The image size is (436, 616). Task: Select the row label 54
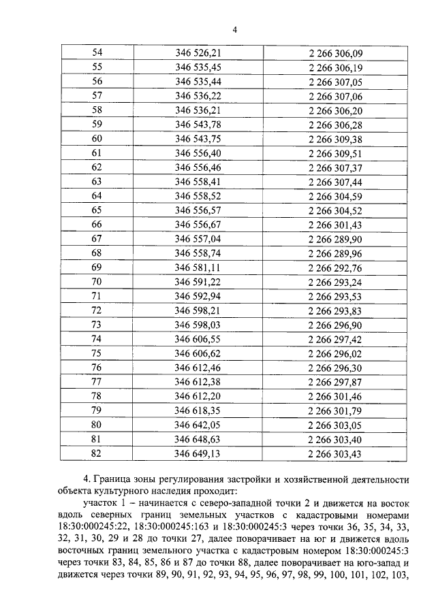(x=97, y=52)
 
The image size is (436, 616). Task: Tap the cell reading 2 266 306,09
(x=336, y=52)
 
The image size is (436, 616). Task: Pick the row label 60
(x=97, y=138)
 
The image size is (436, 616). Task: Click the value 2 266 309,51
(x=336, y=152)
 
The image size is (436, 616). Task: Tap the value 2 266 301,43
(x=336, y=224)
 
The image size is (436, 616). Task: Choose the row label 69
(x=97, y=267)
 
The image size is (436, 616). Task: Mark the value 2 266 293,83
(x=336, y=310)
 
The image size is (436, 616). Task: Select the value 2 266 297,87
(x=336, y=381)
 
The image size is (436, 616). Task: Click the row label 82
(x=97, y=453)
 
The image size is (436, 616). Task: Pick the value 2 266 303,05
(x=336, y=424)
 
